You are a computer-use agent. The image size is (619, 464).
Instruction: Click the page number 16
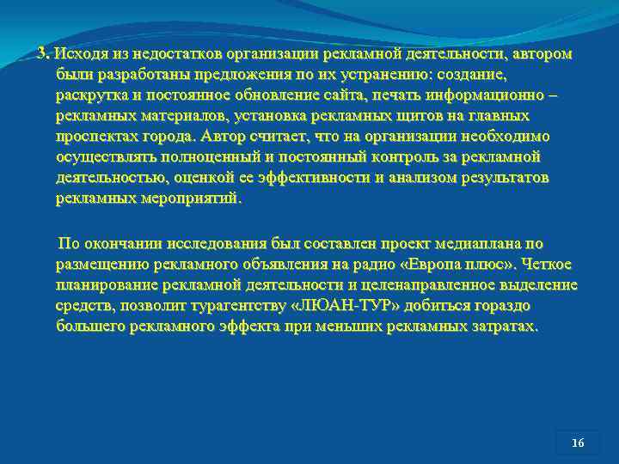578,443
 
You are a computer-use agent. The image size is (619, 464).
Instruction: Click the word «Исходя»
76,54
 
